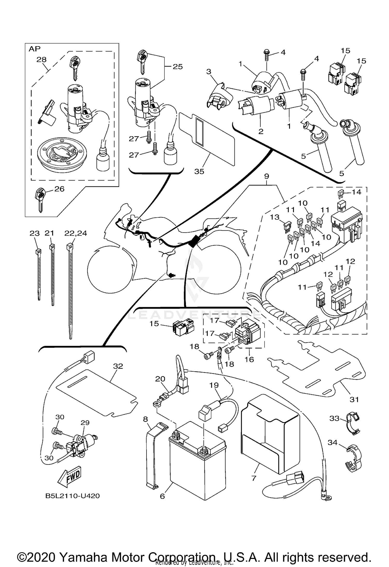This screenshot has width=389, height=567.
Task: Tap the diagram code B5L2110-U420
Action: point(73,496)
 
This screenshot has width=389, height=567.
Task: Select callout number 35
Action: point(199,172)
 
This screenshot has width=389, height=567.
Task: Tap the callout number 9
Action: point(267,176)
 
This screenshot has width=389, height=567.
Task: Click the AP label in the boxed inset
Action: point(34,49)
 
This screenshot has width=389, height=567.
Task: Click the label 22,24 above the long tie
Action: point(76,233)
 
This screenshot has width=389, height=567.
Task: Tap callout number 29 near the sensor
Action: point(85,422)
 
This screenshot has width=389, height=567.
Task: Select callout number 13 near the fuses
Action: point(274,217)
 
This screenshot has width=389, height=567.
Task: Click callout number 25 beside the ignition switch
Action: point(178,67)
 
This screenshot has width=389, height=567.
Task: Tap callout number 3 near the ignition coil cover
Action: point(209,72)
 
